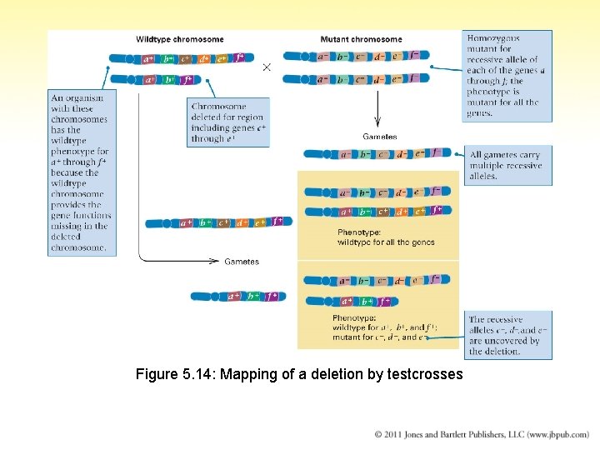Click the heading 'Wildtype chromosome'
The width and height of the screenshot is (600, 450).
180,39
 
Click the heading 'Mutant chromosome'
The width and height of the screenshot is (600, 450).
361,39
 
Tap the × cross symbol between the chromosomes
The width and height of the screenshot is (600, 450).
267,67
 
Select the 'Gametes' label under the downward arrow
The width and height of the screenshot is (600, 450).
379,137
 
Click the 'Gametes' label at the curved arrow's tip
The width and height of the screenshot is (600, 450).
242,262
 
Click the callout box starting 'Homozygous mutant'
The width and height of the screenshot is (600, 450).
507,76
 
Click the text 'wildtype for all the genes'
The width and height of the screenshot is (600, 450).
386,242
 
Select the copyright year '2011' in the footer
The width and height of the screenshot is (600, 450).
396,434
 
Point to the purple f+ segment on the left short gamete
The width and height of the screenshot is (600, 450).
271,296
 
